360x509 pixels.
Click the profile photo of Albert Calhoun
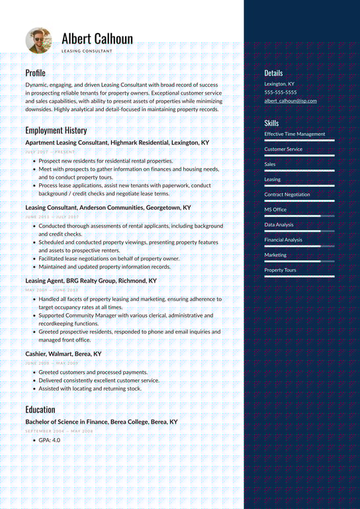[x=38, y=40]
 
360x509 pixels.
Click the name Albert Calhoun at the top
[x=97, y=38]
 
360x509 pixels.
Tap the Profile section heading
[x=35, y=73]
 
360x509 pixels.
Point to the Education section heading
[x=40, y=410]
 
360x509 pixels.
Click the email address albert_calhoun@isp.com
[x=291, y=101]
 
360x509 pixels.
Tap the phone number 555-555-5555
[x=281, y=93]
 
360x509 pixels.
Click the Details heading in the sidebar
[x=273, y=73]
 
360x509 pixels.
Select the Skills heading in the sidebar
[x=271, y=123]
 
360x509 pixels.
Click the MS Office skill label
[x=275, y=210]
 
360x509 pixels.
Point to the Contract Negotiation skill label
[x=287, y=195]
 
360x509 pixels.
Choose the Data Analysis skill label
[x=279, y=225]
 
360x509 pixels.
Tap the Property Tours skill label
[x=280, y=270]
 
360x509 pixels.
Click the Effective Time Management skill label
[x=294, y=134]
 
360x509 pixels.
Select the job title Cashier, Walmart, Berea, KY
[x=64, y=354]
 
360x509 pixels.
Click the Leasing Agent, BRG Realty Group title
[x=91, y=281]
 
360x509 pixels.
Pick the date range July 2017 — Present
[x=50, y=152]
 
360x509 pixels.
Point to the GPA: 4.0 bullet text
[x=49, y=440]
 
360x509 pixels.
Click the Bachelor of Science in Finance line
[x=101, y=422]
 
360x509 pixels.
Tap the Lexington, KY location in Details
[x=279, y=84]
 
